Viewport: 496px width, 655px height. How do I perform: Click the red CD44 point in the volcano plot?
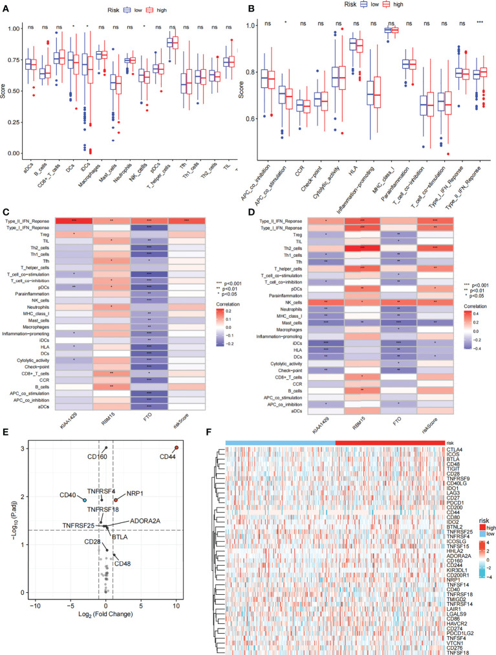coord(177,448)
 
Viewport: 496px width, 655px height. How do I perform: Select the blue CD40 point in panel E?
coord(84,500)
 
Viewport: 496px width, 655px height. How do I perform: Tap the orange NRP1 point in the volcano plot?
coord(116,500)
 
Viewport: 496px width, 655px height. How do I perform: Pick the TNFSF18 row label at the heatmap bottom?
coord(457,647)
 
